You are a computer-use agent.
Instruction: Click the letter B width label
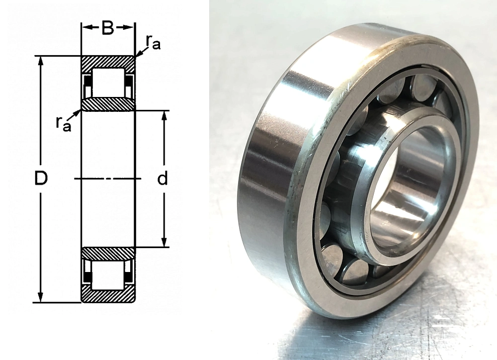[x=108, y=28]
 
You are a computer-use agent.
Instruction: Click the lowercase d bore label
[x=163, y=179]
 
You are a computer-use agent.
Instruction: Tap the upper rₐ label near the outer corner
[x=153, y=42]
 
